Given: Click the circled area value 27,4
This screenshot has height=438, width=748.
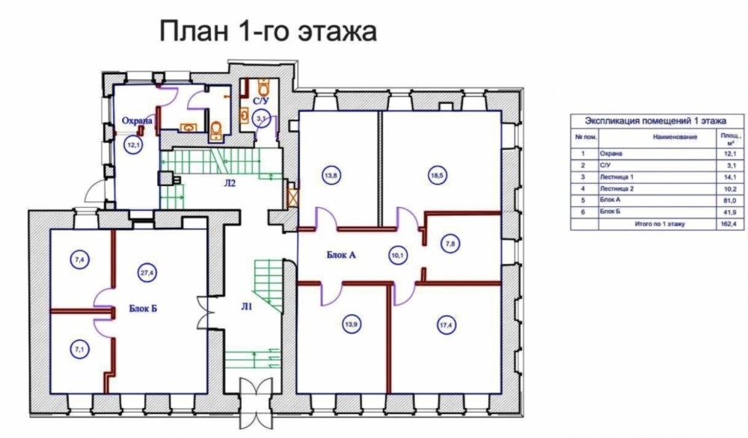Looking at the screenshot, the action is click(x=147, y=273).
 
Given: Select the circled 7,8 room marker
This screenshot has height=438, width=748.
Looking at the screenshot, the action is click(x=450, y=244).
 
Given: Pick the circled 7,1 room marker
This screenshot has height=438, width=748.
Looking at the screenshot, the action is click(x=79, y=349).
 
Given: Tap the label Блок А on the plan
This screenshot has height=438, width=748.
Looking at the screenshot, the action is click(x=341, y=255).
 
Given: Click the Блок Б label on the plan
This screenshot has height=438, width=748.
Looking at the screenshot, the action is click(x=143, y=309).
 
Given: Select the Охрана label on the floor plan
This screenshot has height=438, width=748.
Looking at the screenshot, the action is click(x=137, y=121).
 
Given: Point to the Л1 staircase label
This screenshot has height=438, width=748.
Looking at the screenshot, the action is click(x=246, y=307).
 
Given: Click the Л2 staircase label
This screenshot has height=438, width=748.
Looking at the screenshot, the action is click(x=230, y=182).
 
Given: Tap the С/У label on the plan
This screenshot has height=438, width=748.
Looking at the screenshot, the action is click(x=260, y=101).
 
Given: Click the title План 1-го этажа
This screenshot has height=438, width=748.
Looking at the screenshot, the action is click(x=268, y=31).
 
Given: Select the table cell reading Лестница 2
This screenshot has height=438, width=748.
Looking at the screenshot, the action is click(x=617, y=189).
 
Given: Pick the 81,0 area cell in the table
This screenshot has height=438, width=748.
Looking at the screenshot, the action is click(x=730, y=200).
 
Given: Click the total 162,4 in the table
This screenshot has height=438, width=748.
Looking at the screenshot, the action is click(x=729, y=223).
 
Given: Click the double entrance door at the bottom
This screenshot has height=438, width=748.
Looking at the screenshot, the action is click(x=256, y=403).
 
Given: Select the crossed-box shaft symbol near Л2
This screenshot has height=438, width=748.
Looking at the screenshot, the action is click(x=292, y=198).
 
